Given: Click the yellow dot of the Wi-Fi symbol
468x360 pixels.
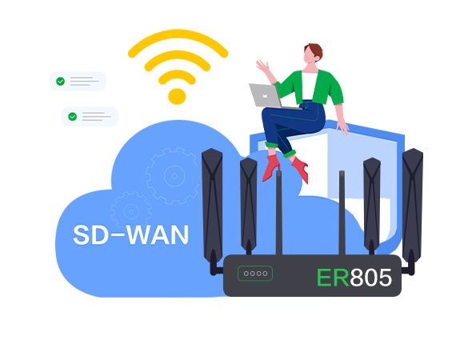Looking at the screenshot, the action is click(177, 97).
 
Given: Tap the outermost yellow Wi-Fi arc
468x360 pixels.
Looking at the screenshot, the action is click(178, 34).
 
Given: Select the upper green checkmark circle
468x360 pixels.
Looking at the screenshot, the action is click(60, 81).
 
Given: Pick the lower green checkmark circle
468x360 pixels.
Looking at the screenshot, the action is click(73, 117).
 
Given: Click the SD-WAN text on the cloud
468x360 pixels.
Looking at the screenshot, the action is click(131, 235).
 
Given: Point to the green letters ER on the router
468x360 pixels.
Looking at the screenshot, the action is click(333, 278).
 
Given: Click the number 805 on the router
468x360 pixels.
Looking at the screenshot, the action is click(370, 278).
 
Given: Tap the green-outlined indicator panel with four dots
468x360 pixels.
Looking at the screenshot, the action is click(255, 274).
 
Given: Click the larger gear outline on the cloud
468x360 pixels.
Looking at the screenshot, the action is click(174, 176).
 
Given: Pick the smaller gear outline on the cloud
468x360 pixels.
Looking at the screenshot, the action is click(131, 211).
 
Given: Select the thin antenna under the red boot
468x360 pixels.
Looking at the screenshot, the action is click(279, 213).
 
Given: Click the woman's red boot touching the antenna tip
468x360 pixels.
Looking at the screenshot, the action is click(271, 168).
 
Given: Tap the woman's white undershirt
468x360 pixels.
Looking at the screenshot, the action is click(310, 86).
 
